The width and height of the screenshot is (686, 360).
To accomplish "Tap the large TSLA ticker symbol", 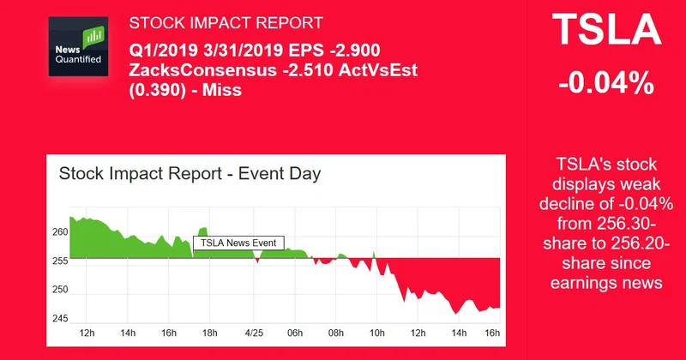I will [x=607, y=33].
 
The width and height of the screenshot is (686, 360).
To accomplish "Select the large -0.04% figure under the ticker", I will [x=607, y=85].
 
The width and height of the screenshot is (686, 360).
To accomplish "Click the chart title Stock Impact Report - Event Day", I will [x=190, y=174].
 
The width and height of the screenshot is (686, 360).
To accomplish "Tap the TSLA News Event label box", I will [x=238, y=243].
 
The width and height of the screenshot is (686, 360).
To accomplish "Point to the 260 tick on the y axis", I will [x=60, y=232].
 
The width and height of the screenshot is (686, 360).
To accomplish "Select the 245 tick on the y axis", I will [x=60, y=319].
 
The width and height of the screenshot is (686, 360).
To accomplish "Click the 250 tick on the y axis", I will [x=60, y=291].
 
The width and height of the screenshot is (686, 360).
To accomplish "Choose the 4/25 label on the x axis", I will [x=253, y=333].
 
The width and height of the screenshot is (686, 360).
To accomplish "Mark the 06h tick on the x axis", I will [x=294, y=333].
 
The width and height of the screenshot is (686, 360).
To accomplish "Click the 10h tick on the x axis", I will [x=377, y=333].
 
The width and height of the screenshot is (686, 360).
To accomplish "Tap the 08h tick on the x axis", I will [x=336, y=333].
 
